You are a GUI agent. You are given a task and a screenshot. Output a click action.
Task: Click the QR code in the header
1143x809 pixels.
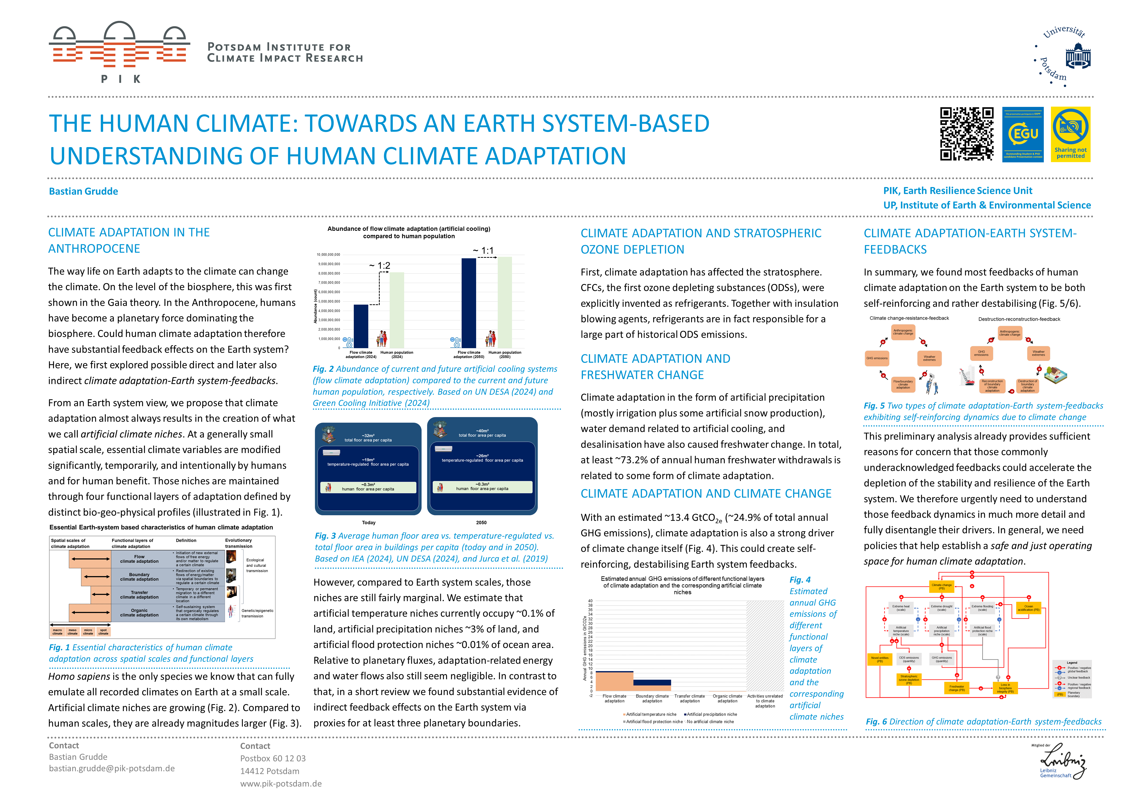(x=966, y=134)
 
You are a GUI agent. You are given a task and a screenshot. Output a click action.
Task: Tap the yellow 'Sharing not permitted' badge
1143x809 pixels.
(x=1070, y=134)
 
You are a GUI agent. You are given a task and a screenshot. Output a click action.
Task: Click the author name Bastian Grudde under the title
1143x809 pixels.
(x=83, y=191)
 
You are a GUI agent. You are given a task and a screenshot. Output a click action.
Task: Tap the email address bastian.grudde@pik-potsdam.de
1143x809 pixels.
(x=111, y=768)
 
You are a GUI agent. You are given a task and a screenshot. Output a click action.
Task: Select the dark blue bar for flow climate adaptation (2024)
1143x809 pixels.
(x=361, y=326)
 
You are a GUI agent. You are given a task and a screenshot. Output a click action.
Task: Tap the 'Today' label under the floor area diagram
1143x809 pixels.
(x=368, y=522)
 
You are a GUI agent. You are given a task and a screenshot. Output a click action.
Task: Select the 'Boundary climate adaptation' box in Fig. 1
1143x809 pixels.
(x=139, y=577)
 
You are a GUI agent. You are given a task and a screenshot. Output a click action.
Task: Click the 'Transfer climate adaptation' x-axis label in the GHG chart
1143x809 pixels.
(x=690, y=698)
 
